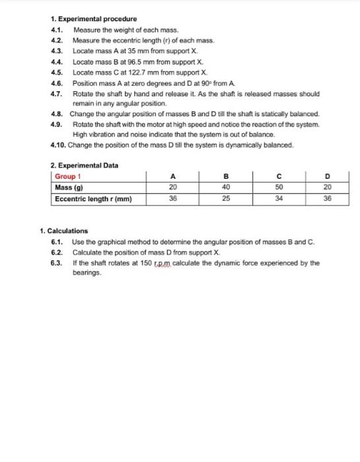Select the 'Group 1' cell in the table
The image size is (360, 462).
[67, 176]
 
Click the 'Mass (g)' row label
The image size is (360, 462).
[67, 187]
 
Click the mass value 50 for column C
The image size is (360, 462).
[280, 187]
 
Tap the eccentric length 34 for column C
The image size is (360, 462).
[280, 197]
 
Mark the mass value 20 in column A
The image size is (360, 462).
[173, 187]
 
